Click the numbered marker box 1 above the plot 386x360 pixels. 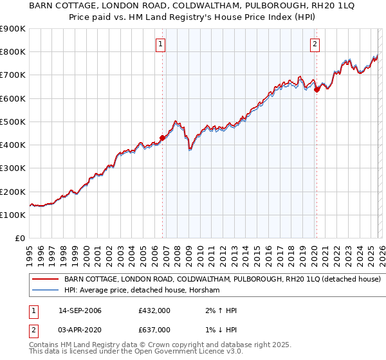coord(160,44)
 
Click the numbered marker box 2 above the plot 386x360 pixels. coord(315,44)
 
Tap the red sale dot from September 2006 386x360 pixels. coord(162,137)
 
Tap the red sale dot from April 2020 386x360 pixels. coord(316,90)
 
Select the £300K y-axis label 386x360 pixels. coord(13,168)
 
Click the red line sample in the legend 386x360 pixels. coord(45,280)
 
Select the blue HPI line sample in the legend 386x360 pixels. coord(45,291)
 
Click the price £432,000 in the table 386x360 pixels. coord(154,311)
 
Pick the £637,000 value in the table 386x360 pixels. coord(154,330)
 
